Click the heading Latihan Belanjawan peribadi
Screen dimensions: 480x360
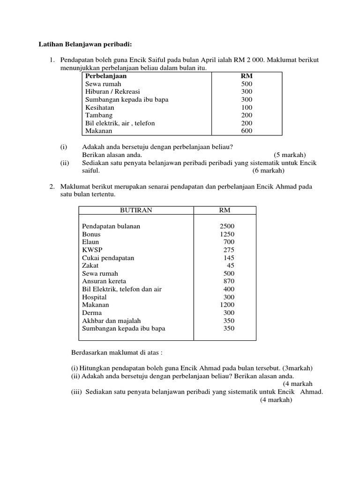coord(85,44)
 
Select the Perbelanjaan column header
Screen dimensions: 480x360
coord(106,76)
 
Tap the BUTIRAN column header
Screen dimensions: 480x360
coord(136,210)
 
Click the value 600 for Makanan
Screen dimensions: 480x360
coord(247,131)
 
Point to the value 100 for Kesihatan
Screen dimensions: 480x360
coord(247,107)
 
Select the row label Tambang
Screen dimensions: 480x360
coord(99,115)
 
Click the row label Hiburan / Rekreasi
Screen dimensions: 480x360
coord(112,92)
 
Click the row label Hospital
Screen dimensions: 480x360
coord(94,297)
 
